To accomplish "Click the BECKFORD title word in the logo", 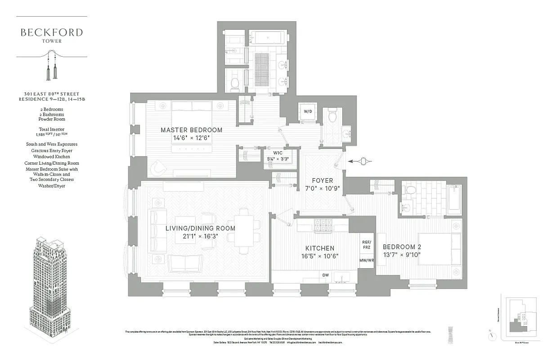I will click(x=52, y=32).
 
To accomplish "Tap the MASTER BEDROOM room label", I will click(x=192, y=130).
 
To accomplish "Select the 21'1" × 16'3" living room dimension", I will click(x=200, y=236).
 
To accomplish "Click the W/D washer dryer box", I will click(x=308, y=111).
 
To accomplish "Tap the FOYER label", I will click(x=323, y=180).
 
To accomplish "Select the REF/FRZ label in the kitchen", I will click(x=367, y=244).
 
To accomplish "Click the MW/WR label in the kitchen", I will click(x=367, y=261).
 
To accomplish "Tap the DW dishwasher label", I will click(x=325, y=275).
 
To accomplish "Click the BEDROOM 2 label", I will click(x=402, y=247).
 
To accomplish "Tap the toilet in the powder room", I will click(x=332, y=117).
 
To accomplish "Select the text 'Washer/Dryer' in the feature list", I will click(x=52, y=186).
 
